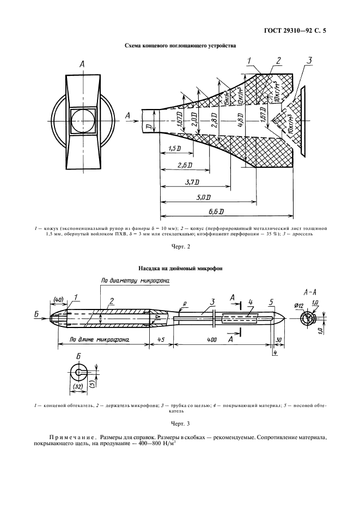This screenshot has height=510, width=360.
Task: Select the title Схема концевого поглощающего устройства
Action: [180, 46]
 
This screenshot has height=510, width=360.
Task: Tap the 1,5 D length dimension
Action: [175, 148]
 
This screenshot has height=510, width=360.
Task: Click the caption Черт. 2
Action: [180, 248]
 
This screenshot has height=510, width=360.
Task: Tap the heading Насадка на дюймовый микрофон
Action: [180, 268]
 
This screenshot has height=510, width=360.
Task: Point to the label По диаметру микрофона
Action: [135, 281]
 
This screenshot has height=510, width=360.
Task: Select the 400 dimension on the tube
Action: [212, 339]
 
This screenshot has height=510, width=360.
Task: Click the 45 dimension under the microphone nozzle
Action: [162, 339]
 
